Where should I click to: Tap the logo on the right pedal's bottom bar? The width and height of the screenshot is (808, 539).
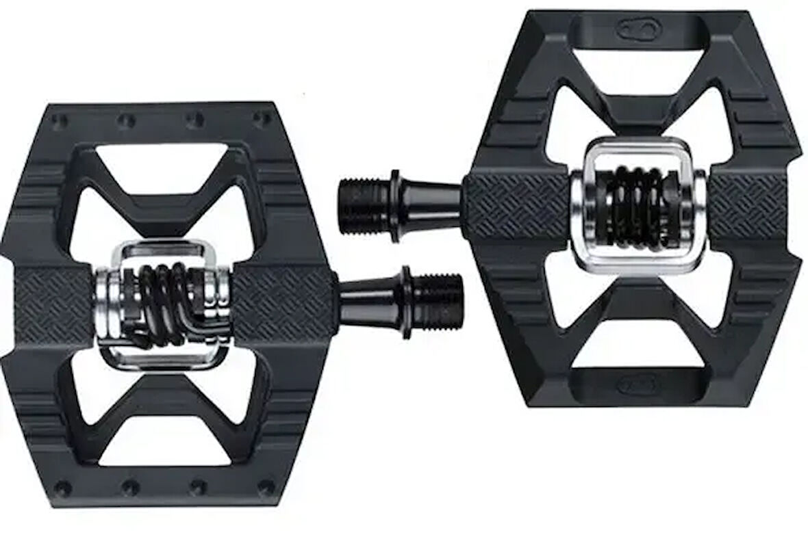point(637,385)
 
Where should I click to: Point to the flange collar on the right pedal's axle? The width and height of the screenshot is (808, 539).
point(396,206)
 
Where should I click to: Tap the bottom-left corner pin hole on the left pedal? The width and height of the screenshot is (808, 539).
point(63,488)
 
